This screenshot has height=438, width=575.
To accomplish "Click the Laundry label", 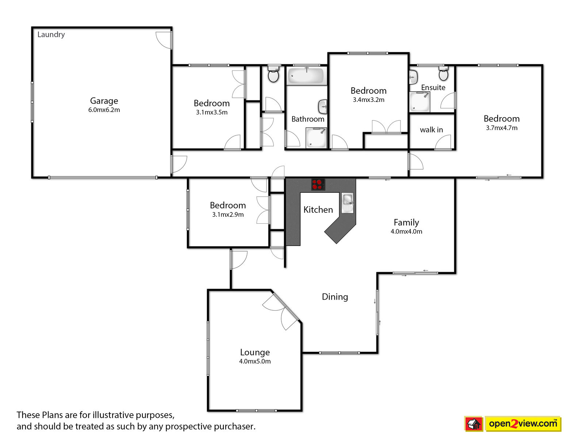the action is tap(51, 35).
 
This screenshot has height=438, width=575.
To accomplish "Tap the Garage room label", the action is tap(104, 101).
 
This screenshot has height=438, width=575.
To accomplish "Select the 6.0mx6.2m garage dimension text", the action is tap(104, 110).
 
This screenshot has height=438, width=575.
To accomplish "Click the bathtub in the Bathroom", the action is tap(307, 76).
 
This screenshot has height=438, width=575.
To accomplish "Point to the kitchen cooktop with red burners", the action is tap(318, 184).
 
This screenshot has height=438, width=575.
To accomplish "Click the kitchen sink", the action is tap(348, 203).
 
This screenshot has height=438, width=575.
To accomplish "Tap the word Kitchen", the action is tap(318, 210).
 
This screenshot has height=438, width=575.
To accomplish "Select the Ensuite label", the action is tap(433, 88).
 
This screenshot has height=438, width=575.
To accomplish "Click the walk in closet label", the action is tap(431, 130).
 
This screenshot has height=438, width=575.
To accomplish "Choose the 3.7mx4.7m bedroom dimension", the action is tap(502, 128).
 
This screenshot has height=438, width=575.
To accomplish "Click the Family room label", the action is tap(406, 223).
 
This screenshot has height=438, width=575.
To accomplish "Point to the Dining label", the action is tap(335, 297).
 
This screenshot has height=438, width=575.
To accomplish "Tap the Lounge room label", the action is tap(255, 352).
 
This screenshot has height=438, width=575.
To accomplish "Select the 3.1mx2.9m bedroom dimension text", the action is tap(228, 215).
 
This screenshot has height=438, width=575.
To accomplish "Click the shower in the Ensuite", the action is tap(419, 102).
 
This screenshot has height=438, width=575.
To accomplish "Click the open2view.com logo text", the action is tap(523, 423).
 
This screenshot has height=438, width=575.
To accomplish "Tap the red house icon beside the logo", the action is tap(474, 424).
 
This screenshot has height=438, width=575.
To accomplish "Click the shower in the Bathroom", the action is tap(317, 138).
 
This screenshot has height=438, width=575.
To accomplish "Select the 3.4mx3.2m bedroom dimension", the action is tap(369, 100).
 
